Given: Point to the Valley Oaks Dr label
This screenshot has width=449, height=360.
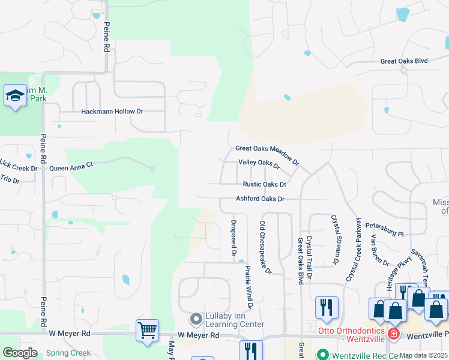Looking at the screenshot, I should (259, 163).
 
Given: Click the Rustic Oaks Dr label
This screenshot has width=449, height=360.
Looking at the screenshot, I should (264, 184).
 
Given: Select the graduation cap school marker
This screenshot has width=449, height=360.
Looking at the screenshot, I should (15, 95).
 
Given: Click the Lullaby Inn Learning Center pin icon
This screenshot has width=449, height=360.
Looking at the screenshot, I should (196, 318).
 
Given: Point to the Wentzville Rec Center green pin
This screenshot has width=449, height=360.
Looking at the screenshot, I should (322, 354).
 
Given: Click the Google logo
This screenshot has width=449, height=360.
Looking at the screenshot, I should (20, 352).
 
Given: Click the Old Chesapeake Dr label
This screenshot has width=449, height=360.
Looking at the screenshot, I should (265, 247).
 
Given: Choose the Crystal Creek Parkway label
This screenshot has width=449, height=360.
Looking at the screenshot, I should (354, 249).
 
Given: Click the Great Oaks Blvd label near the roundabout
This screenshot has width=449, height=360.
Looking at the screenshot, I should (404, 61).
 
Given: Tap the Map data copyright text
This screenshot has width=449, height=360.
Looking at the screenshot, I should (424, 355).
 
